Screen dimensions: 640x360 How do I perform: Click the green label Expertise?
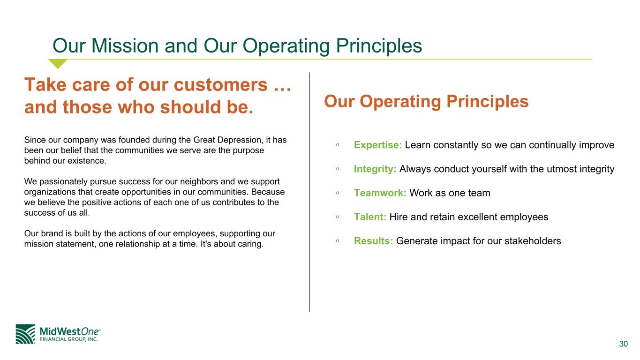pos(378,145)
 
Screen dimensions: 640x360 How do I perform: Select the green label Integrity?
pos(375,169)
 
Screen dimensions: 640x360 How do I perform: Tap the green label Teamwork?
pos(380,193)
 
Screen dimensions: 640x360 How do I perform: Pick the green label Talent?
pos(370,217)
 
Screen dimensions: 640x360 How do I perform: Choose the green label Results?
pos(373,241)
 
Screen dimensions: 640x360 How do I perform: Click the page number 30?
pos(624,344)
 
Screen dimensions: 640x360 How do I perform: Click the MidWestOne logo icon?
pos(25,334)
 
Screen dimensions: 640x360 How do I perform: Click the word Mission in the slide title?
pos(125,46)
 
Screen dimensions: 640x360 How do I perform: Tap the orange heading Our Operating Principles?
pos(426,101)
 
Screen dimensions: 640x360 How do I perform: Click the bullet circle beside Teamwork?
pos(338,193)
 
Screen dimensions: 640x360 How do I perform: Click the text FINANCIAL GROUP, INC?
pos(68,339)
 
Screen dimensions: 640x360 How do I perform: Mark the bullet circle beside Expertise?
pos(338,145)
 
